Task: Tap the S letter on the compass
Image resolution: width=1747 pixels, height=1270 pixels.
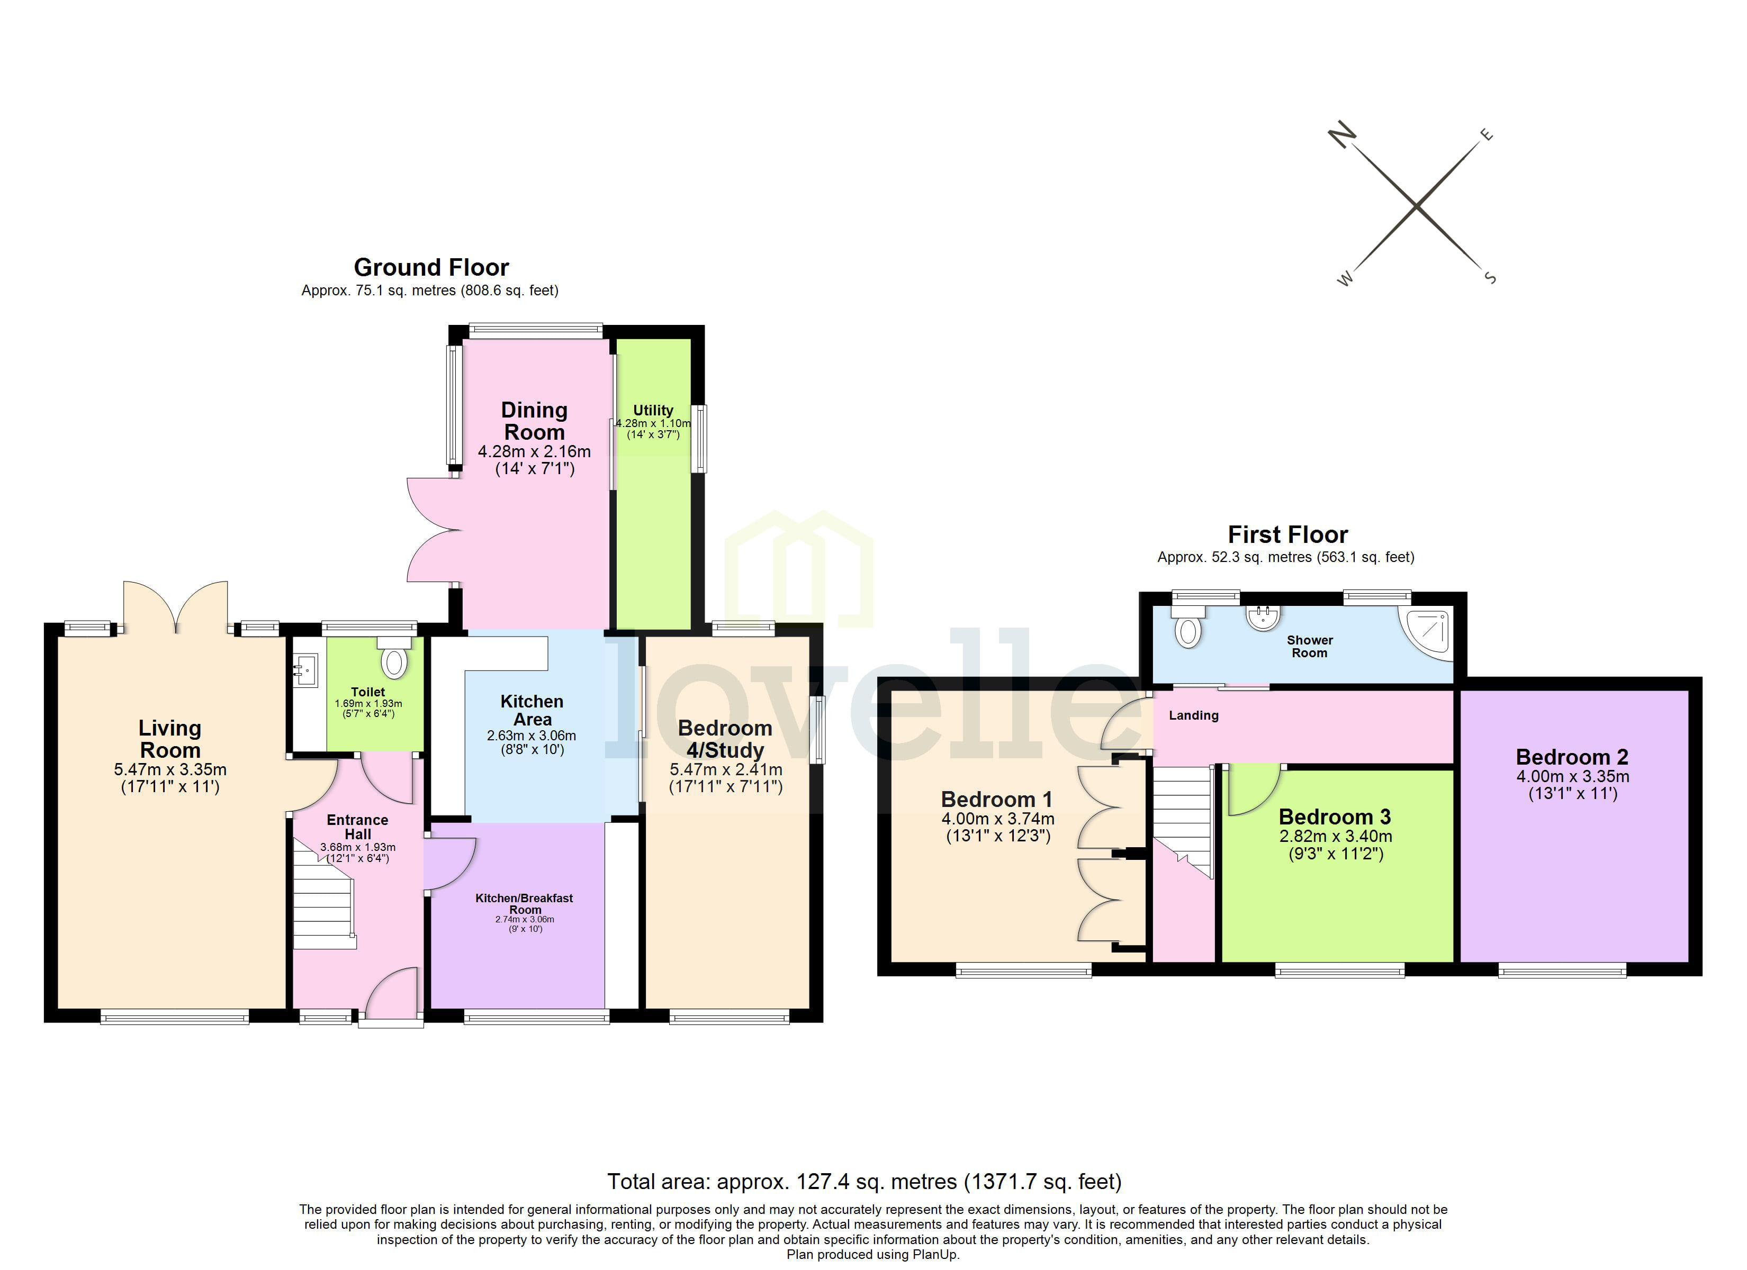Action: [1490, 277]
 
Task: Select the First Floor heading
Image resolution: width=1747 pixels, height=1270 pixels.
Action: [1287, 534]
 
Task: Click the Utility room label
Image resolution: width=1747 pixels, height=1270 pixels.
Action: [652, 411]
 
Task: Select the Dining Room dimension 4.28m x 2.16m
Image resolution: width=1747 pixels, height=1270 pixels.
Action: [534, 452]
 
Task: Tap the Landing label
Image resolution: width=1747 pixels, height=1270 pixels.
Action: [1193, 715]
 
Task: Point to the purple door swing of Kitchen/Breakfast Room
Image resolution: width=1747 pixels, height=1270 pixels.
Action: [451, 863]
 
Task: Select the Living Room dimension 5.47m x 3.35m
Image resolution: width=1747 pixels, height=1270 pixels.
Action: [170, 769]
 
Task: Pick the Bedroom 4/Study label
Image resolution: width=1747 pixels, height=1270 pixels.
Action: [724, 739]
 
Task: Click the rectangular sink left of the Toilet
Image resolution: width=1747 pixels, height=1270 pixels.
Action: [306, 670]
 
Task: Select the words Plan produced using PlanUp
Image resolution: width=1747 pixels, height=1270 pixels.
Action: [873, 1255]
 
